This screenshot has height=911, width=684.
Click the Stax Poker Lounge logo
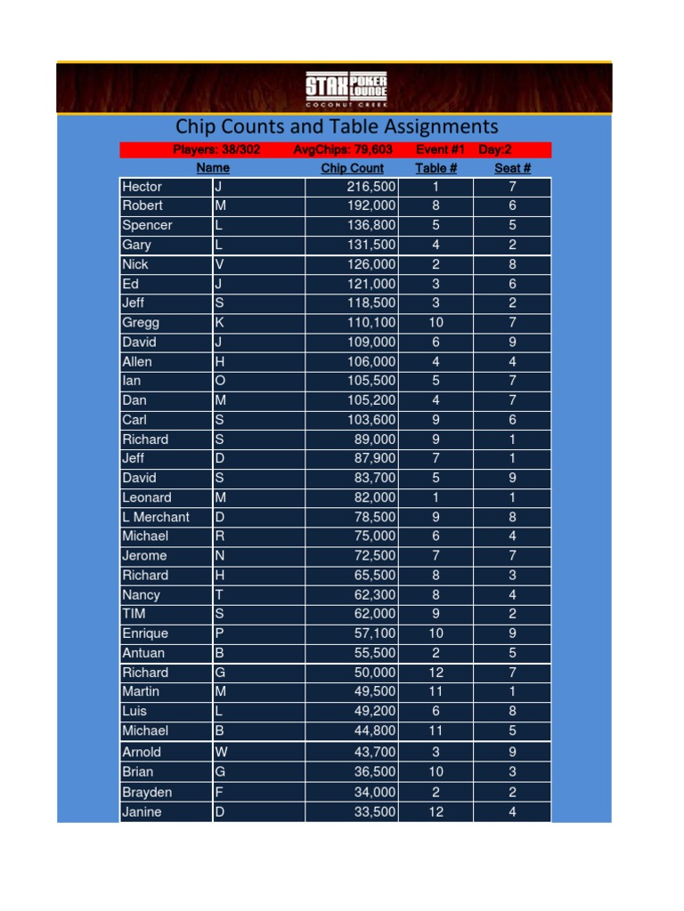tap(346, 89)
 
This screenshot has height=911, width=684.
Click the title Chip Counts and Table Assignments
tap(336, 126)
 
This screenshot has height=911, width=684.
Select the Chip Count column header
tap(352, 168)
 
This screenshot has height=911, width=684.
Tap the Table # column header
tap(436, 168)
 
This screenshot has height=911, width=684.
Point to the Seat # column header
tap(512, 168)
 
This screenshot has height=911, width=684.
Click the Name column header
tap(213, 168)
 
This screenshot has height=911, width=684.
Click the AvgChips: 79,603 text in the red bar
tap(343, 149)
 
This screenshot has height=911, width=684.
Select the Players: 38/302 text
tap(216, 149)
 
